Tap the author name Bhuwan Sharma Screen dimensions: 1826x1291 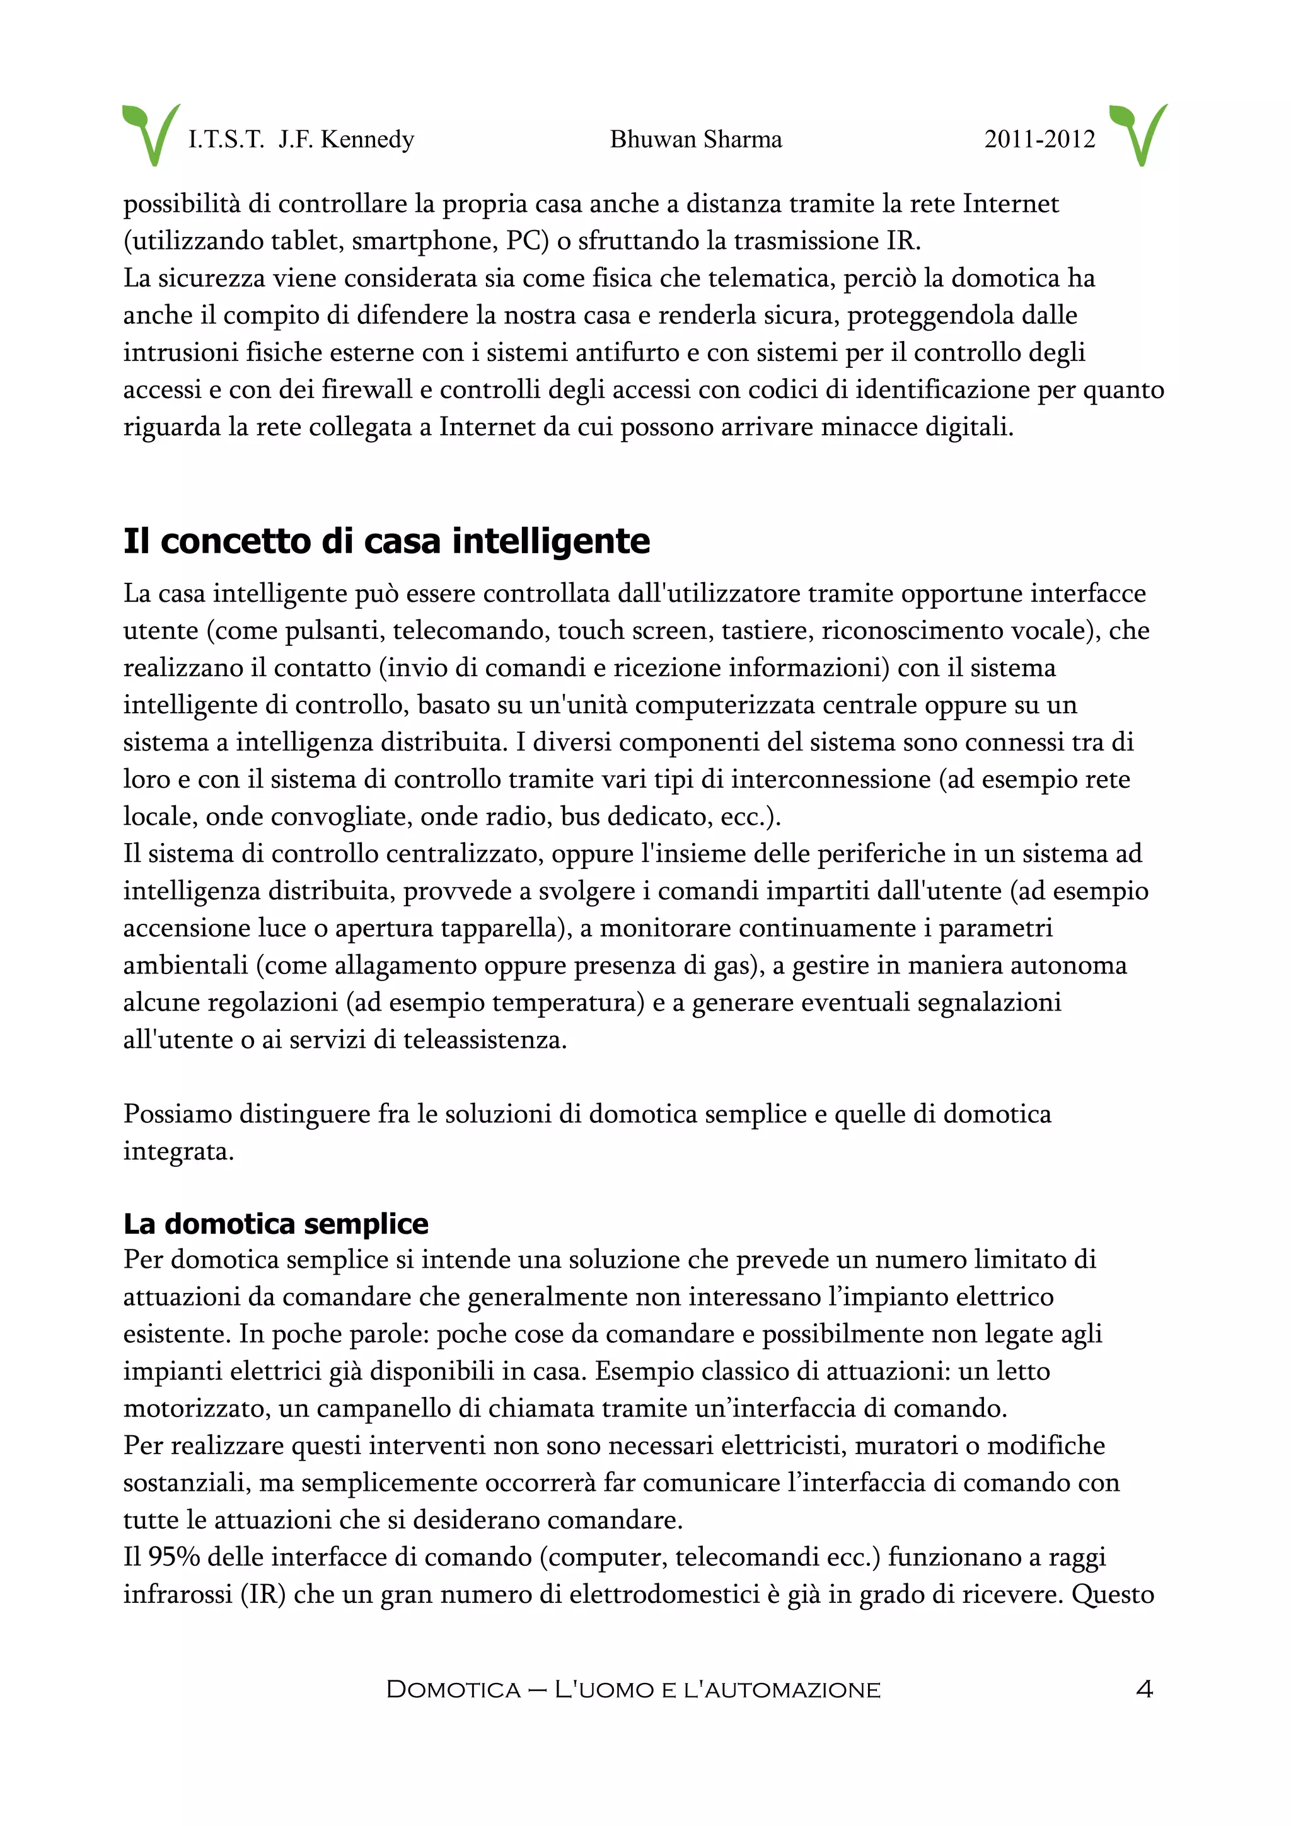(695, 139)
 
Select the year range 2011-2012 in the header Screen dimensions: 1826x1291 (1039, 139)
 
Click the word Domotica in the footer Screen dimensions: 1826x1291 (453, 1689)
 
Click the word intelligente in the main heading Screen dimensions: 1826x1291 (550, 542)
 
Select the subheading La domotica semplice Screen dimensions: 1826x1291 (275, 1223)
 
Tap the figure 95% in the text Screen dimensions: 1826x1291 (173, 1556)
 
